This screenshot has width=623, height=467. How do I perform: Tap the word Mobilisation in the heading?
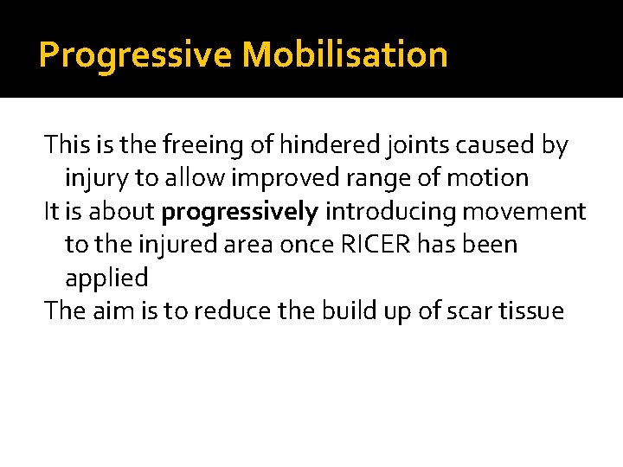[x=344, y=55]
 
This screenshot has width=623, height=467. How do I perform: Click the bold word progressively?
[x=241, y=212]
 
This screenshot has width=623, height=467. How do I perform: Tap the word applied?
[x=106, y=278]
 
